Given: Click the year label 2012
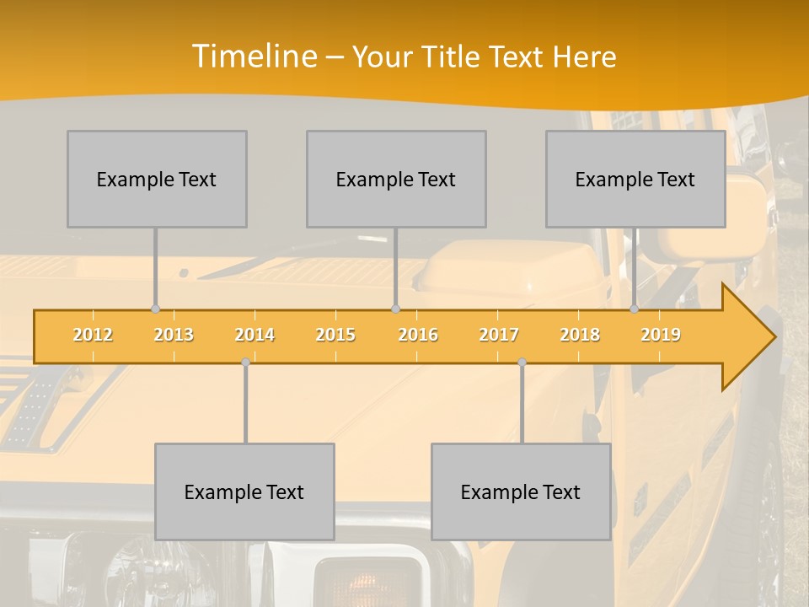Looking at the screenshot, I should coord(93,335).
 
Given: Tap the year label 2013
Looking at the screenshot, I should coord(174,335).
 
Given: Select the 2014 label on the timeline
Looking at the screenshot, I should coord(254,335).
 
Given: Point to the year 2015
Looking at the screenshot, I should coord(335,335).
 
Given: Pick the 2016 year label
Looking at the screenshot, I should coord(418,335).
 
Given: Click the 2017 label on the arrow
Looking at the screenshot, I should coord(499,335).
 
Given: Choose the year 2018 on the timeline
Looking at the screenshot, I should coord(580,335).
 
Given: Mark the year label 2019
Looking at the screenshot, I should coord(661,335).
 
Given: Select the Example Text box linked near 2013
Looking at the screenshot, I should coord(157,179).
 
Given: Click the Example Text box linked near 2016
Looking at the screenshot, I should coord(396,179).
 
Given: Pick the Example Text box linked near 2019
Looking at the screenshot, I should coord(635,179).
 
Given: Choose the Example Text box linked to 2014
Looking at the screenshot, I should coord(244,492).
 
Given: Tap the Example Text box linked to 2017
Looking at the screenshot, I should coord(521,492).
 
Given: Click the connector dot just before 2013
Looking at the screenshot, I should coord(155,309).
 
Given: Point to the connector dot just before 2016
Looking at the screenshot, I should coord(396,309).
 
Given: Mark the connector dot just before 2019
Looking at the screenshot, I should coord(635,309).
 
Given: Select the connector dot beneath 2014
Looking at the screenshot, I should coord(245,363).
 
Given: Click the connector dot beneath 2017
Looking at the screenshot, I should coord(522,363).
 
